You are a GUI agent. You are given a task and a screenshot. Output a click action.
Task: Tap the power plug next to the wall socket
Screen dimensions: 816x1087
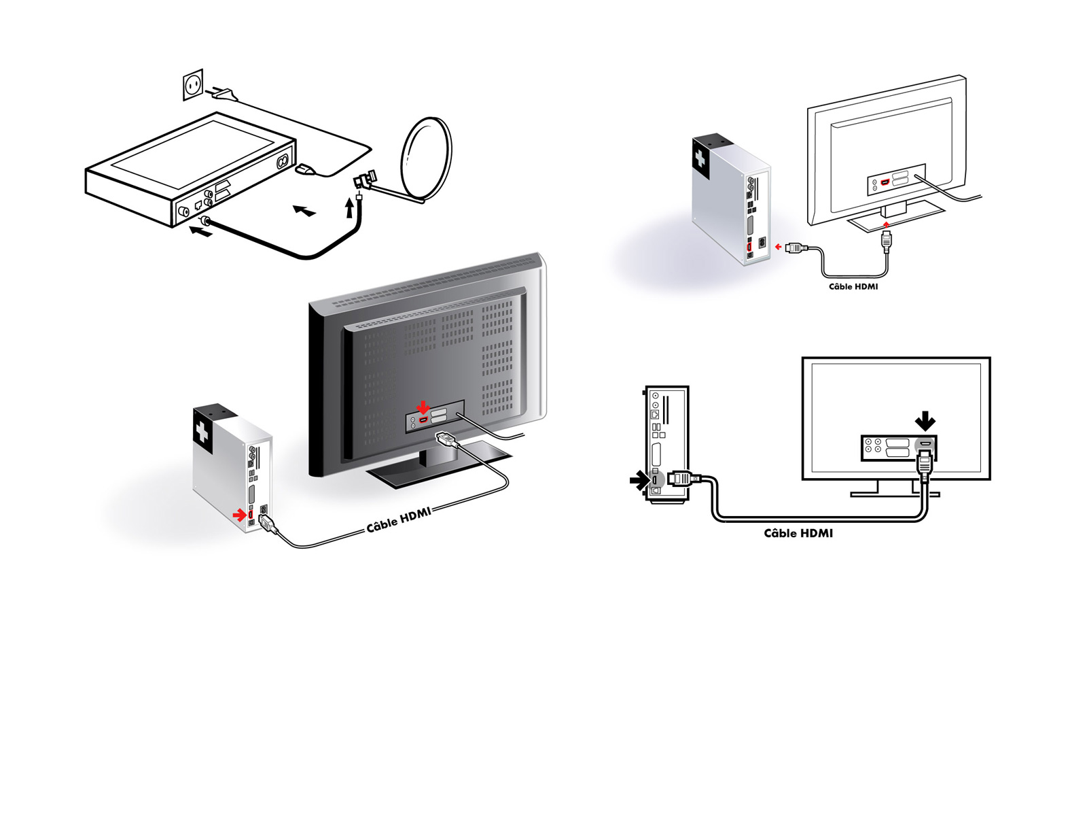point(224,93)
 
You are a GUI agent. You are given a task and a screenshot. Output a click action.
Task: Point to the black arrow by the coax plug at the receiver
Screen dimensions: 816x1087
point(200,233)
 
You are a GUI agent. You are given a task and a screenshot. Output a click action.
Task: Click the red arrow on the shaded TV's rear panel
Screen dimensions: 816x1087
point(423,407)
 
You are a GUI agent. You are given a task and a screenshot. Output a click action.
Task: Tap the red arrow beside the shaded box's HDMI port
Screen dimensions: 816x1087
point(238,515)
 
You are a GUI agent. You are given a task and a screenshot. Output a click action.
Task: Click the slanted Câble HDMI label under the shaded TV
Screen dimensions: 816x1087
point(399,520)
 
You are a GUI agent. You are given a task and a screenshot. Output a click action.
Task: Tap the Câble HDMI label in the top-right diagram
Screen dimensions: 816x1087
point(853,286)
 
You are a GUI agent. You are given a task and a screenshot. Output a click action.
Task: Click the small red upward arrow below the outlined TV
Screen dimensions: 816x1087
point(886,223)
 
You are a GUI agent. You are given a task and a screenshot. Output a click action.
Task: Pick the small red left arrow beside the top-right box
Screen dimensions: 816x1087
point(778,247)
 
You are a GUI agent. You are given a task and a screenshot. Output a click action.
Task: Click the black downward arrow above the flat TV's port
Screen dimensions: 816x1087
point(925,422)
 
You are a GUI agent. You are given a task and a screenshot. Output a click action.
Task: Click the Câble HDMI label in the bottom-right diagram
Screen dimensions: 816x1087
point(798,533)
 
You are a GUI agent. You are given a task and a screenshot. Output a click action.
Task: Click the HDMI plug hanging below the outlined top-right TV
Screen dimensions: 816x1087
point(886,241)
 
